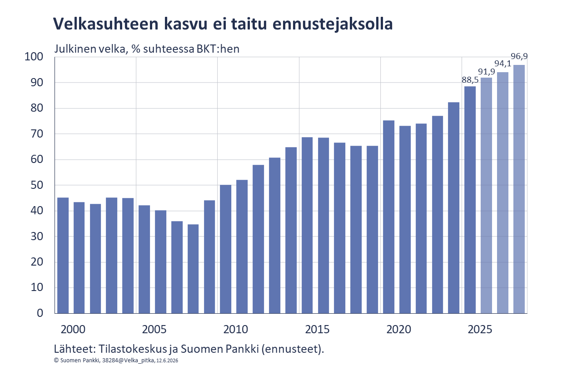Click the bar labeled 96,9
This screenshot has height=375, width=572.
click(519, 189)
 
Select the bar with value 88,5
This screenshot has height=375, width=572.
click(470, 200)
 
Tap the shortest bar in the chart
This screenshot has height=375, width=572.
click(193, 269)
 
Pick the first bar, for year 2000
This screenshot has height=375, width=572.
click(63, 255)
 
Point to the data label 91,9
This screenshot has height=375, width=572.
click(487, 72)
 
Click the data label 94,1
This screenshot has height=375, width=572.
click(503, 64)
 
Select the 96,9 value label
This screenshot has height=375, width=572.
click(519, 56)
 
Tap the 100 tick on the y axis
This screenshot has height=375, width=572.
click(34, 57)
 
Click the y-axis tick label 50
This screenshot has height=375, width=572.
click(37, 185)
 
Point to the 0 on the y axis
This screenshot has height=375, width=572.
click(40, 313)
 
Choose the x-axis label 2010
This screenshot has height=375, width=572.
click(235, 329)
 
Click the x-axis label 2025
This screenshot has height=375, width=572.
click(480, 329)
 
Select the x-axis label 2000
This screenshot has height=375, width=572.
click(73, 329)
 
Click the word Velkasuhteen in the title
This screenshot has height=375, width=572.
click(106, 24)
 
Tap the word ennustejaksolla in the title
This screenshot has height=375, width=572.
click(333, 25)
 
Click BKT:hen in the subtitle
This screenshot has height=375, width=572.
click(218, 49)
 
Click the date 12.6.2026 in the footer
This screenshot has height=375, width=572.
click(167, 360)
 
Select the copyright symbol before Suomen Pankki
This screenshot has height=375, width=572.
click(56, 360)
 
